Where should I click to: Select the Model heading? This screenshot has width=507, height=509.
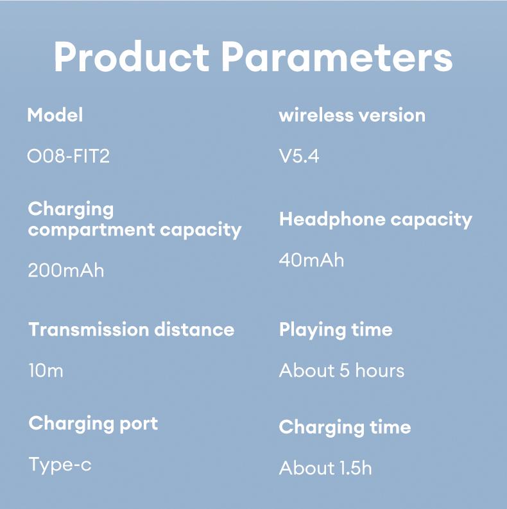coord(55,116)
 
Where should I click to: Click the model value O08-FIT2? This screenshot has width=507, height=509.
coord(68,156)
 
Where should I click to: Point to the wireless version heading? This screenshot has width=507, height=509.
coord(352,116)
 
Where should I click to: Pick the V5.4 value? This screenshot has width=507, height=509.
coord(299,156)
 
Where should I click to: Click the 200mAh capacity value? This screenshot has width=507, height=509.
coord(65,270)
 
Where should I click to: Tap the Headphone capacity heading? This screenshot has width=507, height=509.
coord(375,220)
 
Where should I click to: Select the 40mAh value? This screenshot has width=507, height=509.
coord(311,260)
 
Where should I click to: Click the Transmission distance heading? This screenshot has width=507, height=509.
coord(132,330)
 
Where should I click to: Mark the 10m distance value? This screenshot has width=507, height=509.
coord(46,371)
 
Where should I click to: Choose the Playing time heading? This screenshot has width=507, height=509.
coord(336,331)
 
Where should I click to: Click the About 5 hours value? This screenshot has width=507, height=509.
coord(341,371)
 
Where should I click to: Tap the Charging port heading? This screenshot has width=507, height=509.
coord(93,424)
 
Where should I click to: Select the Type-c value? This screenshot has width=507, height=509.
coord(60,465)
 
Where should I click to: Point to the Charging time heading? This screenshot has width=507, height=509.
coord(345,427)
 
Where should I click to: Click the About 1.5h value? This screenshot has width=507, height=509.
coord(325,468)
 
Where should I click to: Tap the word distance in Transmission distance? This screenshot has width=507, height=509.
coord(194,330)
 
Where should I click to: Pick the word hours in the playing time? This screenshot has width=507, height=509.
coord(380,371)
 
